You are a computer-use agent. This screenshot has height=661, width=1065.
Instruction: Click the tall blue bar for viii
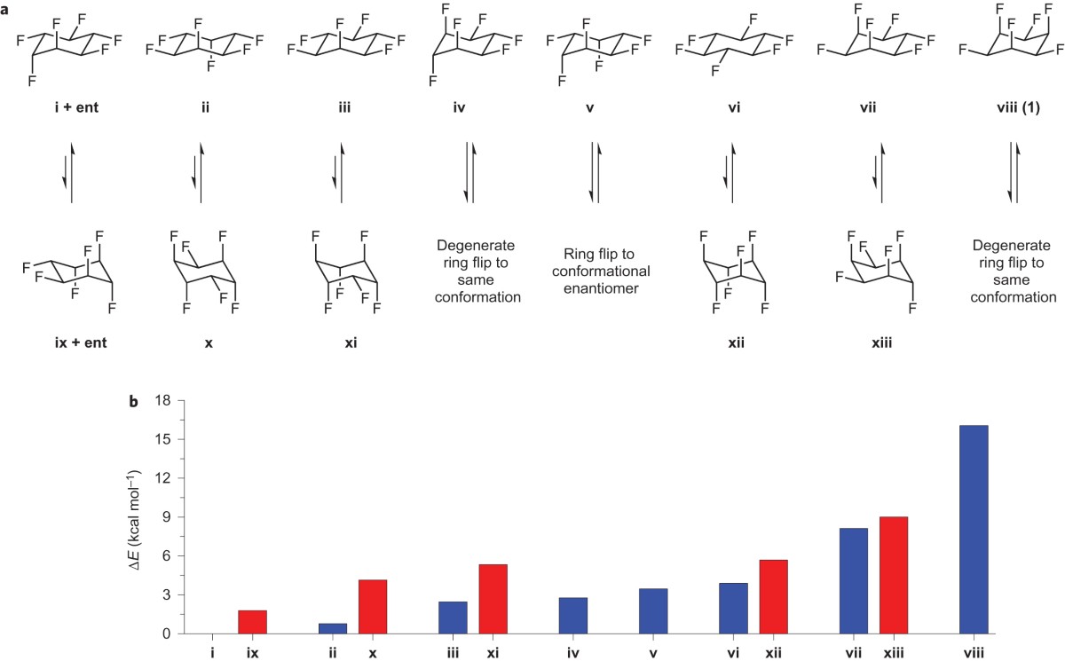pyautogui.click(x=974, y=530)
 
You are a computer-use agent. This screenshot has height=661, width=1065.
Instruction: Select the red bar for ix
pyautogui.click(x=253, y=622)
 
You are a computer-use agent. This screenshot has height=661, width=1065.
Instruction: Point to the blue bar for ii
pyautogui.click(x=333, y=628)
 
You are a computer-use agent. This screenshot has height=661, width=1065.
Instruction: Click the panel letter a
pyautogui.click(x=7, y=7)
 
